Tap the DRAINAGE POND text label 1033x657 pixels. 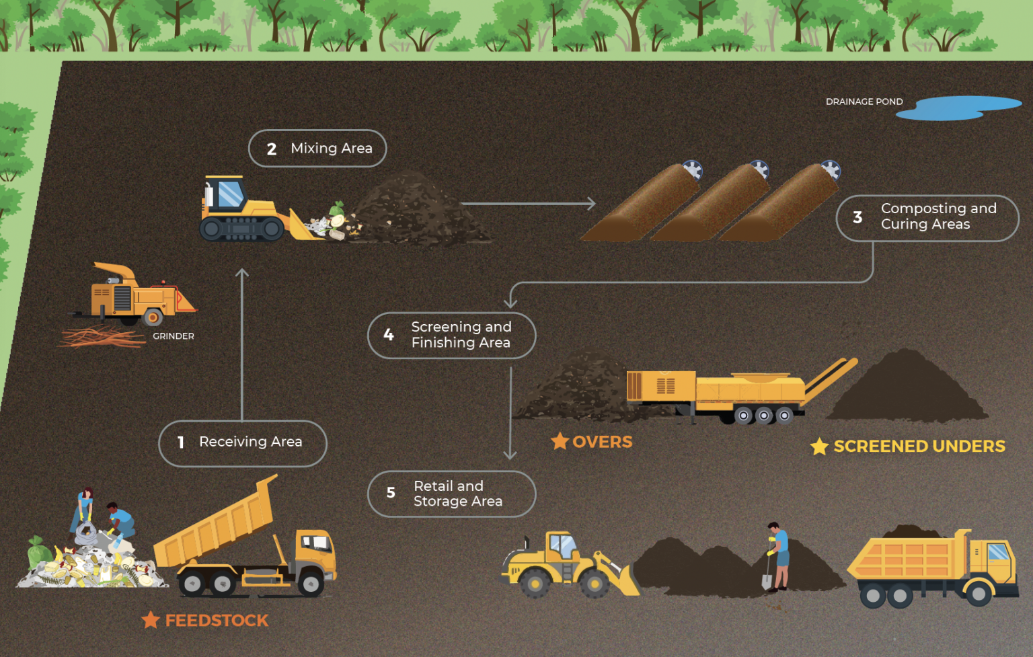coord(864,102)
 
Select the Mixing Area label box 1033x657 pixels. coord(317,148)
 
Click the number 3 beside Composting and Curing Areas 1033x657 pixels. coord(857,217)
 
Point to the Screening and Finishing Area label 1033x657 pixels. coord(452,335)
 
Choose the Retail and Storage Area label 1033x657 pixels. coord(452,494)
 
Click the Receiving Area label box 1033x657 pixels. coord(243,442)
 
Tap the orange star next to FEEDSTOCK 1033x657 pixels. coord(151,620)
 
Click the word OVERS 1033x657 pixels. coord(602,442)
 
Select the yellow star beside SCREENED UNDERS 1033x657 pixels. coord(819,447)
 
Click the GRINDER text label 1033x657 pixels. coord(173,336)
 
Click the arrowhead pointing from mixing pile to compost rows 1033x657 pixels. coord(590,203)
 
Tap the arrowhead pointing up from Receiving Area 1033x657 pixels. coord(242,273)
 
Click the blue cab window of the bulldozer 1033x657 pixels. coord(230,194)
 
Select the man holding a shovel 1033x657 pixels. coord(779,555)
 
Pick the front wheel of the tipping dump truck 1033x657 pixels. coord(311,583)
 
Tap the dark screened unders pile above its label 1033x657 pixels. coord(908,390)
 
